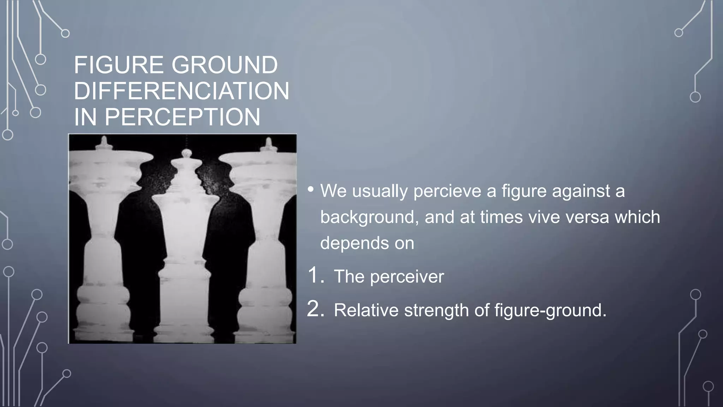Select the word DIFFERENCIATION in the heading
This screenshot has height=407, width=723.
181,91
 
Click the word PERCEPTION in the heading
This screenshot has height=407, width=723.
182,117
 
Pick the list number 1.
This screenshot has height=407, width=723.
316,276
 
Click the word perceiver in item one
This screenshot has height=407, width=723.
407,276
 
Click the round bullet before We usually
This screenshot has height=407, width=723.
310,190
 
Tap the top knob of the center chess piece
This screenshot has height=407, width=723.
186,153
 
